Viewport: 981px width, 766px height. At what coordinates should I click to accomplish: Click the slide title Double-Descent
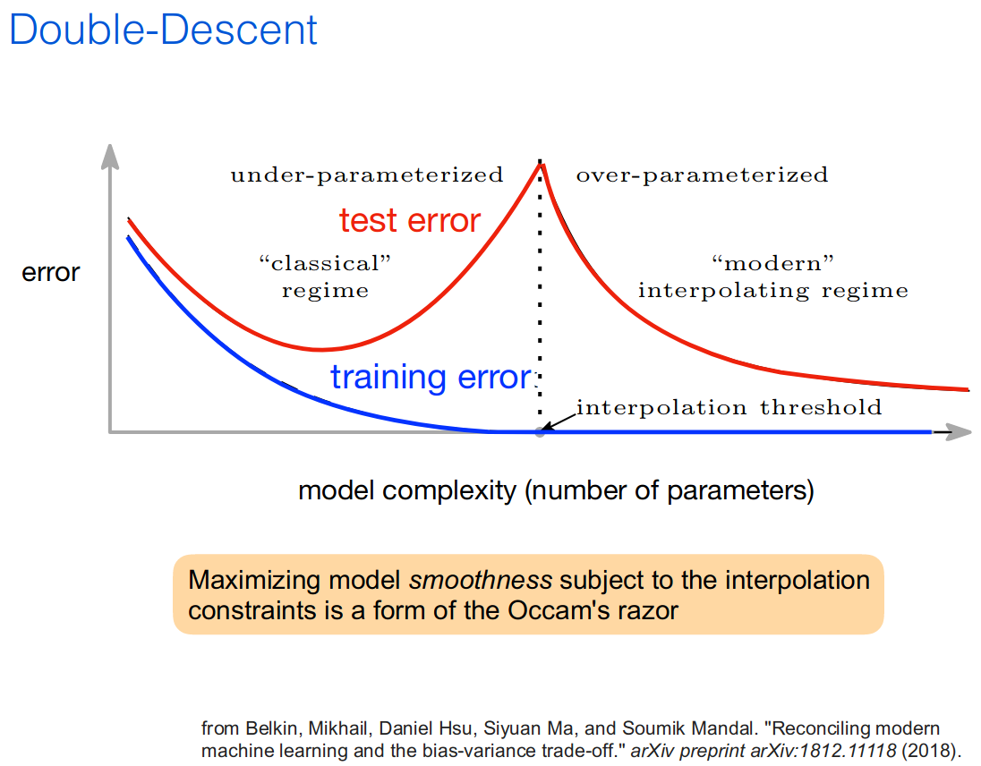click(x=163, y=30)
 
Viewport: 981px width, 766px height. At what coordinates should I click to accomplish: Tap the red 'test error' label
click(x=410, y=221)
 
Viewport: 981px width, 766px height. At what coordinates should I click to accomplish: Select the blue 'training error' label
click(x=431, y=378)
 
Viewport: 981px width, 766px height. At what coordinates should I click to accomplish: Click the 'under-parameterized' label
click(x=367, y=175)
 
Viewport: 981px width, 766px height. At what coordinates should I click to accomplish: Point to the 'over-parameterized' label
click(x=702, y=175)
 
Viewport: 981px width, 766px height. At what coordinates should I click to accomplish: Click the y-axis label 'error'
click(x=51, y=273)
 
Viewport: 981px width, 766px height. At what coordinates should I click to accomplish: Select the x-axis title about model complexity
click(x=556, y=490)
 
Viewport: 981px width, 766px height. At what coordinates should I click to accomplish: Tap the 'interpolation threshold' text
click(x=729, y=408)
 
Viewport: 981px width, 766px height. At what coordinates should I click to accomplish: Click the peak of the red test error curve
click(x=542, y=165)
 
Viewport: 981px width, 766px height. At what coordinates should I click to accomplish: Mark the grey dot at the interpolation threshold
click(x=540, y=431)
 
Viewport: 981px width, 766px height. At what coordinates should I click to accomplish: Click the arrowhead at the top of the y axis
click(x=110, y=156)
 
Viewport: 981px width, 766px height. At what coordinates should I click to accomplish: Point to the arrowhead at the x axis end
click(x=959, y=431)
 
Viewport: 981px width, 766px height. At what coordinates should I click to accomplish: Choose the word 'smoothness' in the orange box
click(x=481, y=580)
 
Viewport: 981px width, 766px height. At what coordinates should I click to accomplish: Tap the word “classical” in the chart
click(x=325, y=263)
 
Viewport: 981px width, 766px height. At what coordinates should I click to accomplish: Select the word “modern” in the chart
click(x=773, y=263)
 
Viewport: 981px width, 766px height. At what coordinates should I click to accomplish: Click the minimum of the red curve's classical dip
click(x=320, y=349)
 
